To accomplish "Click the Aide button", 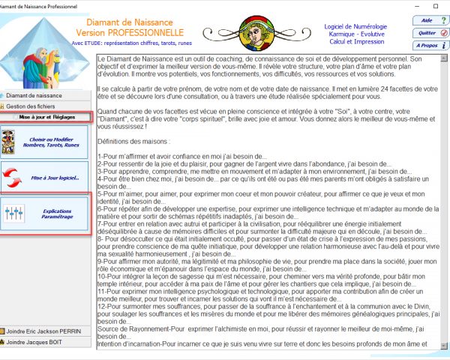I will click(428, 21).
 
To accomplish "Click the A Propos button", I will click(428, 46).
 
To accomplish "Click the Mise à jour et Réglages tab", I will click(46, 118).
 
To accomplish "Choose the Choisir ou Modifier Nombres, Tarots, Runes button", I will click(46, 142).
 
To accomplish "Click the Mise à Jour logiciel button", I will click(46, 178).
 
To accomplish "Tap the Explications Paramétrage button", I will click(46, 213).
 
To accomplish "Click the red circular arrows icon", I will click(13, 178).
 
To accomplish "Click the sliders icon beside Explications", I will click(14, 214).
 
